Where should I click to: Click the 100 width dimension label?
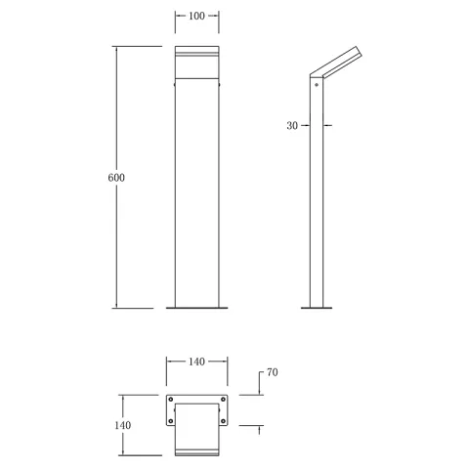point(196,18)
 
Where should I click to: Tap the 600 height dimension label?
point(117,178)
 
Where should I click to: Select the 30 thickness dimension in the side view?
point(292,125)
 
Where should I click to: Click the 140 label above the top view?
point(196,362)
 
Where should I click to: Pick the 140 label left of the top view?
point(123,425)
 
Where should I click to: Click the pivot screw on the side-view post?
point(316,86)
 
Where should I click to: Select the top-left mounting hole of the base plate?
point(172,401)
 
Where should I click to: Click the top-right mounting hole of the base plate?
point(222,401)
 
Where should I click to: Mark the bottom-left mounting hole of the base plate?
point(172,422)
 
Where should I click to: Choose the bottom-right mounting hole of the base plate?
point(222,422)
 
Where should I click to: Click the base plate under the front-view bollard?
point(196,308)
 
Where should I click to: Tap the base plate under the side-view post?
point(316,308)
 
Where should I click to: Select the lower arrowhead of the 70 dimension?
point(259,429)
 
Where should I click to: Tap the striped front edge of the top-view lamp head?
point(196,450)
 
